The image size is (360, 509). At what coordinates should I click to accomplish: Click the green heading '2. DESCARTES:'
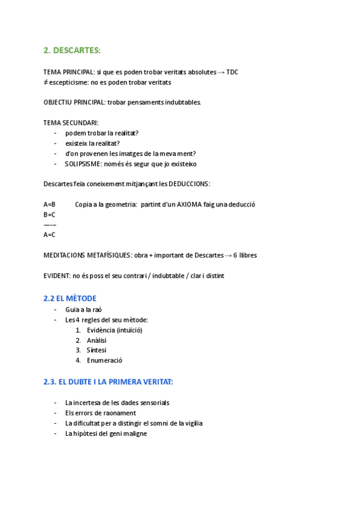[x=72, y=50]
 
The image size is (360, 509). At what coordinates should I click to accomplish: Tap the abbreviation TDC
[x=232, y=72]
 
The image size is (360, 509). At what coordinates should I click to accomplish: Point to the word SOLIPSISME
[x=82, y=164]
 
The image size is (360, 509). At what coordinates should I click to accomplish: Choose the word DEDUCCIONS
[x=188, y=184]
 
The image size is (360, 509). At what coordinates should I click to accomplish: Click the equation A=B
[x=49, y=204]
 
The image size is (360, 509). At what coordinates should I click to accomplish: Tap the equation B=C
[x=49, y=214]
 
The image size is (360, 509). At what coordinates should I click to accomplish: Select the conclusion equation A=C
[x=49, y=235]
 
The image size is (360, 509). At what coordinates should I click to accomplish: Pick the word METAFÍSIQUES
[x=106, y=255]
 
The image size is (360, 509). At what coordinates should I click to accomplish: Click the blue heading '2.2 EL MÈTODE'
[x=70, y=298]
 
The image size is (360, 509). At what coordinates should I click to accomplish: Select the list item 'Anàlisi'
[x=97, y=340]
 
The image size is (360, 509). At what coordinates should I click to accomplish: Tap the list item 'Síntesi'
[x=97, y=351]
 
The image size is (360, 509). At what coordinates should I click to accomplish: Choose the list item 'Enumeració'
[x=104, y=361]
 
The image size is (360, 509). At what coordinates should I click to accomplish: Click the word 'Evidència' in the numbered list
[x=100, y=330]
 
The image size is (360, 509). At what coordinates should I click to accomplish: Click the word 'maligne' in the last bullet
[x=136, y=433]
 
